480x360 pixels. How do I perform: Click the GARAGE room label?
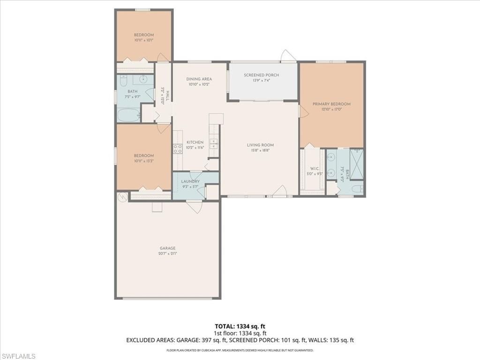click(167, 248)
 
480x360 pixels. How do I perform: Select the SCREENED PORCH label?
click(261, 75)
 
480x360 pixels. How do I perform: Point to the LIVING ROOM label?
click(260, 145)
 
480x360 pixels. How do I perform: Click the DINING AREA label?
click(199, 79)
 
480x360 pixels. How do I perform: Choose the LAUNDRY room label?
click(190, 181)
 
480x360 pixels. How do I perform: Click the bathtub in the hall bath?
click(128, 115)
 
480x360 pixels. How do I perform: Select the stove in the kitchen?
click(178, 149)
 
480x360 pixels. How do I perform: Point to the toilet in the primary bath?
click(356, 189)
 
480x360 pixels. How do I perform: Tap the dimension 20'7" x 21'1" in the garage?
click(167, 254)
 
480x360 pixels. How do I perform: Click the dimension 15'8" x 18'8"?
click(260, 150)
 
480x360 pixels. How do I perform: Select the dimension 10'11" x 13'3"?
click(143, 161)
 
